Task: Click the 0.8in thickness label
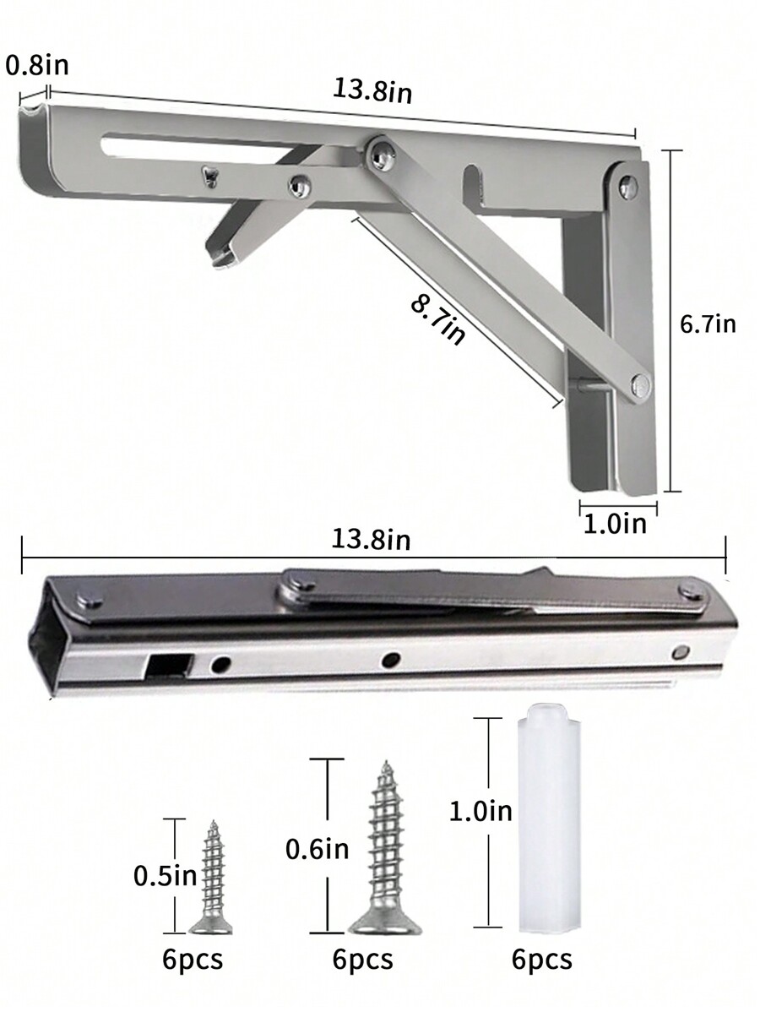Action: tap(37, 65)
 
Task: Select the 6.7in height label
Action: tap(708, 324)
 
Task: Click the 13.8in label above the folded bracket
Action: tap(371, 540)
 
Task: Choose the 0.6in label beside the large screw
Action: tap(317, 849)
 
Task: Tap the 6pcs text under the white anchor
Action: tap(541, 960)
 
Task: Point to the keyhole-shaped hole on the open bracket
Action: tap(207, 175)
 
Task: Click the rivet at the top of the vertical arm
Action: tap(627, 187)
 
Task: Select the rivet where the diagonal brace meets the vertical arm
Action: tap(638, 385)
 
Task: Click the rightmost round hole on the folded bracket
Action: tap(681, 651)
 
